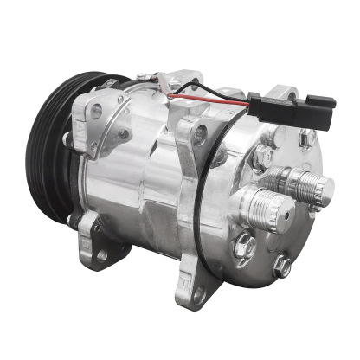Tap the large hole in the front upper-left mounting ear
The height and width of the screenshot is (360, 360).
tap(95, 110)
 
